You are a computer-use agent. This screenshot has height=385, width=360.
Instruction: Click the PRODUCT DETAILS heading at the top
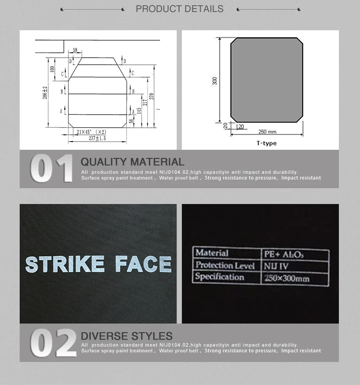tap(180, 9)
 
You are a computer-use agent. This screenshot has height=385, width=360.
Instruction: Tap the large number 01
tap(52, 169)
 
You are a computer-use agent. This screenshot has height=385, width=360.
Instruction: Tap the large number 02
tap(53, 343)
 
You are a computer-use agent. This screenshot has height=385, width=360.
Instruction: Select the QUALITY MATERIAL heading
tap(132, 162)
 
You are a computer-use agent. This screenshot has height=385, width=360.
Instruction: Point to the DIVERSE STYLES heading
tap(127, 336)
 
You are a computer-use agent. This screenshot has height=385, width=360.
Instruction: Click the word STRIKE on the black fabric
tap(65, 265)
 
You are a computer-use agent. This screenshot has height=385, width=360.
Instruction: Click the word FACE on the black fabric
tap(143, 265)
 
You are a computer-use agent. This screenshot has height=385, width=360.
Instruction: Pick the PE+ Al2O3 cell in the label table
tap(284, 254)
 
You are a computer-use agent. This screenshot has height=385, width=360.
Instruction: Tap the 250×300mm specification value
tap(287, 278)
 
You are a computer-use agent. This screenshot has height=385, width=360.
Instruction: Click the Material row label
tap(212, 253)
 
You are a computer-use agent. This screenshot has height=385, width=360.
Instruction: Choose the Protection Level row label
tap(225, 265)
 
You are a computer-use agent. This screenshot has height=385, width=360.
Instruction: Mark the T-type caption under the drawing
tap(266, 143)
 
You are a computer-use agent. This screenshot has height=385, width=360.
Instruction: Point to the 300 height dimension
tap(215, 81)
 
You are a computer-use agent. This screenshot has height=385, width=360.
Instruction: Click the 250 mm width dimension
tap(267, 132)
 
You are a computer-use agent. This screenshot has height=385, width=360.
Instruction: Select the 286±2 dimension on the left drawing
tap(45, 93)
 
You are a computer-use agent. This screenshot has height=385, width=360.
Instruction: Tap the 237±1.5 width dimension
tap(97, 138)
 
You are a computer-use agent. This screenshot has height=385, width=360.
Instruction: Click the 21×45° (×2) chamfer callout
tap(92, 131)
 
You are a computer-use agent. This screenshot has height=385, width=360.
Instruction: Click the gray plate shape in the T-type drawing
tap(267, 80)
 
